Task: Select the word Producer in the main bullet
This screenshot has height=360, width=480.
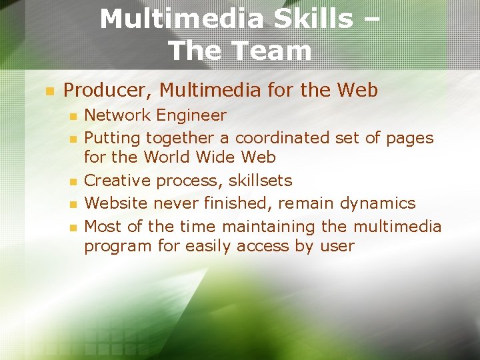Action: coord(106,89)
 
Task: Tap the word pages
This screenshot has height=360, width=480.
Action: coord(410,138)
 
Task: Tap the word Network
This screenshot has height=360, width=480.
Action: coord(118,115)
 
